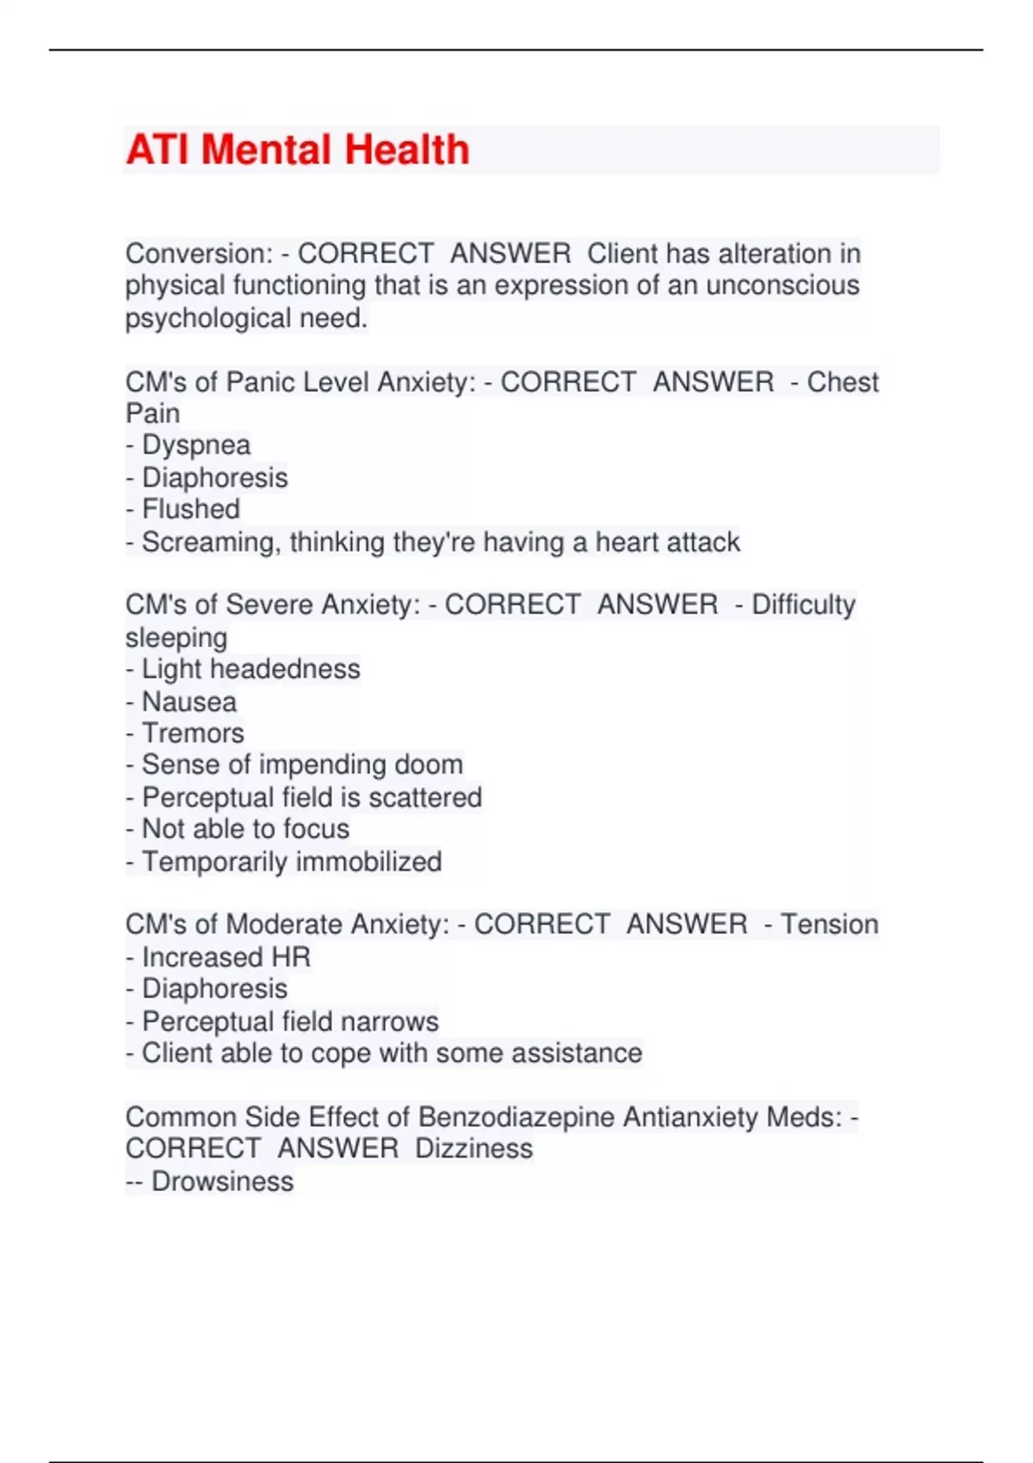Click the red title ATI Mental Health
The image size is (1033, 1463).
[297, 150]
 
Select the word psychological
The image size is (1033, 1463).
[208, 318]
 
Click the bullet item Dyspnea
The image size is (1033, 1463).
[196, 446]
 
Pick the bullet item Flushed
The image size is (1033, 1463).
[191, 509]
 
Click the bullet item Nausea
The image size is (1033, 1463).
[189, 702]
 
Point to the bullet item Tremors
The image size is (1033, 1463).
[193, 733]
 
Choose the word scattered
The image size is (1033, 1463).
[425, 798]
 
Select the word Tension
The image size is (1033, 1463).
[829, 924]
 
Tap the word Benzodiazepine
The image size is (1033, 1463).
[516, 1117]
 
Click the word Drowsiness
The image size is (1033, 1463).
[222, 1182]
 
